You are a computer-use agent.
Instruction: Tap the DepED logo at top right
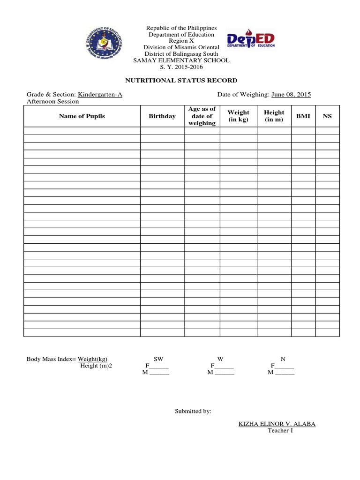251,41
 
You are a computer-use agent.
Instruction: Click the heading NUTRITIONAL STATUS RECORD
181,81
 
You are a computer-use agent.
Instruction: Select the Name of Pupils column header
82,116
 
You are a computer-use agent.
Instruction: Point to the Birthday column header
162,116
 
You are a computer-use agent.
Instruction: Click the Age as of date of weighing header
202,116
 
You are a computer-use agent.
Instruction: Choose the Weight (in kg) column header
239,116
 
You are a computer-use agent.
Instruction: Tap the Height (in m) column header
274,116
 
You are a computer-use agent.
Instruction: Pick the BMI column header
303,116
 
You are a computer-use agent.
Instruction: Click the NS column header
327,116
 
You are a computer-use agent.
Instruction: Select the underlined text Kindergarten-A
100,95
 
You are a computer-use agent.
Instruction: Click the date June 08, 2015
291,95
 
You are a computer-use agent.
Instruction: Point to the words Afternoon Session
53,101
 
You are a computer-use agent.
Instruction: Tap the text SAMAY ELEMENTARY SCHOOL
181,60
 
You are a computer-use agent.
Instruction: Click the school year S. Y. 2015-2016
181,67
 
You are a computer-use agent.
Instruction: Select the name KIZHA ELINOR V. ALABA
277,424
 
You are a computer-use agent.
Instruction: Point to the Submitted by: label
193,411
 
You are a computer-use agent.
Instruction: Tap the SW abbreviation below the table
158,359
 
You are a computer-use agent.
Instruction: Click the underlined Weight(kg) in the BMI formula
89,359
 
